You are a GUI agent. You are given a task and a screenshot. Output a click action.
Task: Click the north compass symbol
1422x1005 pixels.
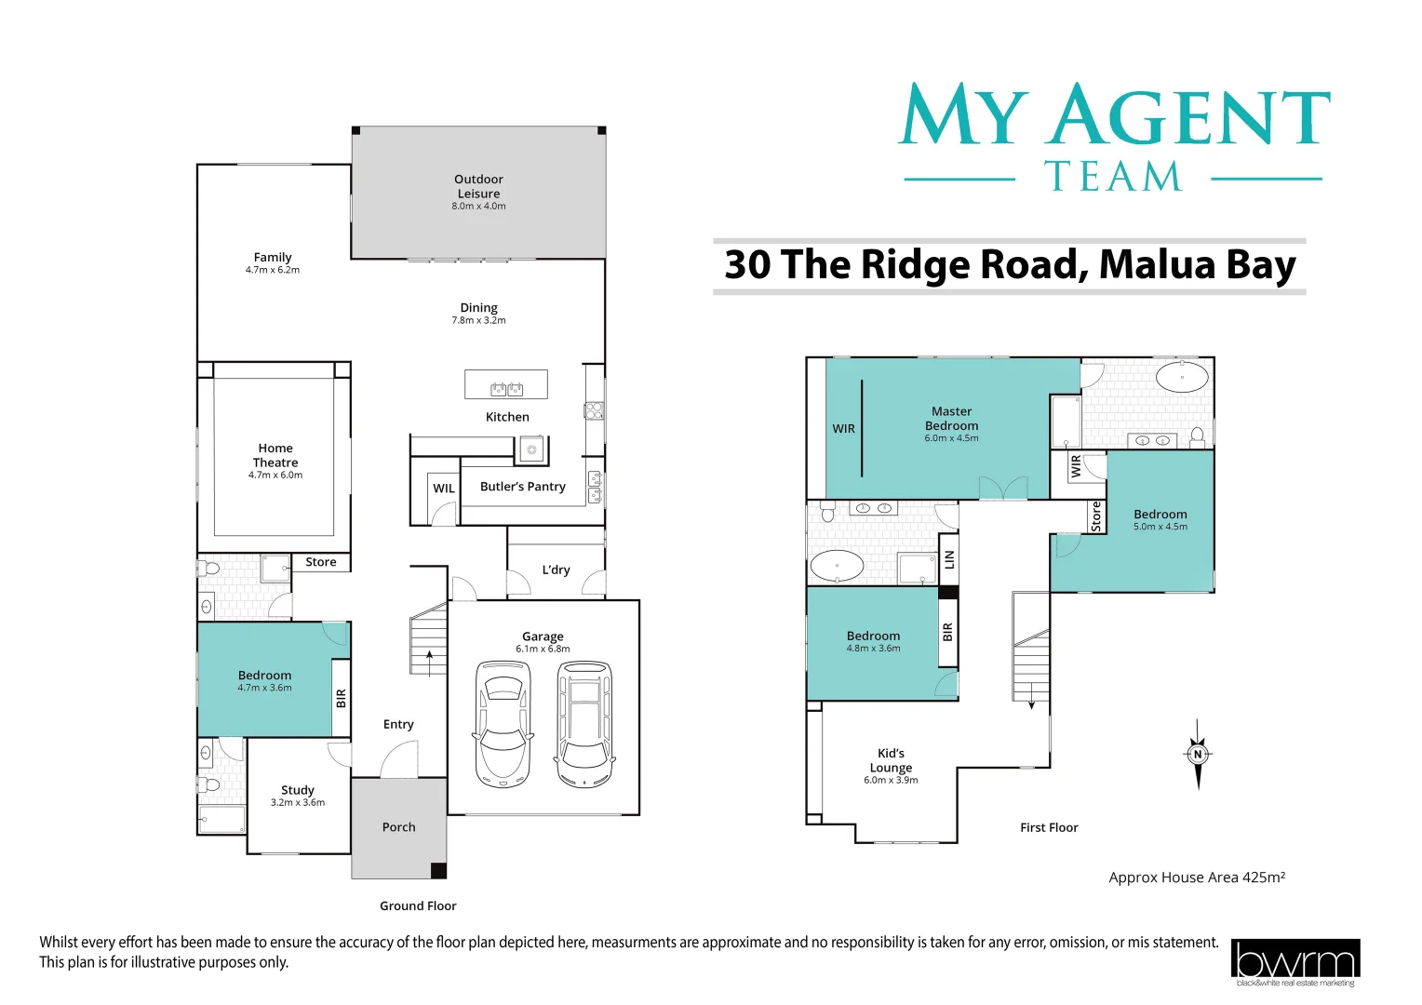[x=1198, y=754]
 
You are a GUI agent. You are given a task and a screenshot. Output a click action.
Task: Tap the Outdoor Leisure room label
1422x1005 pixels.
[x=478, y=186]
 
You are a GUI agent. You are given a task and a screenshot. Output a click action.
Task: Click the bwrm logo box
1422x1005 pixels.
[x=1295, y=959]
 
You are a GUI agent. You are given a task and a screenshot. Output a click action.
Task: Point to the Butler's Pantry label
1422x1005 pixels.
[x=522, y=487]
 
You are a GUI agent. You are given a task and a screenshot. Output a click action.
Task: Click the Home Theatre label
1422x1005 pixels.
[x=275, y=455]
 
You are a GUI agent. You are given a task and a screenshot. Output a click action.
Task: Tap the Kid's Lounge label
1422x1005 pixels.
[x=891, y=760]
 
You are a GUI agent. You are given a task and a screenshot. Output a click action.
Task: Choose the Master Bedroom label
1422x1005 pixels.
[x=951, y=418]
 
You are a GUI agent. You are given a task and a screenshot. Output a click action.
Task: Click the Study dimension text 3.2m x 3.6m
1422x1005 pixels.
[x=298, y=802]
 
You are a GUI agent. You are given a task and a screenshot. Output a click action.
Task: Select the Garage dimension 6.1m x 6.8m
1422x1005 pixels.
[x=543, y=649]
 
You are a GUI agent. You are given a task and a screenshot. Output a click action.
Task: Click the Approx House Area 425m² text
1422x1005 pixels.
[x=1197, y=877]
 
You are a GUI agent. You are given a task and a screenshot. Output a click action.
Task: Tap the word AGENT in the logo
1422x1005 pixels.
[x=1188, y=117]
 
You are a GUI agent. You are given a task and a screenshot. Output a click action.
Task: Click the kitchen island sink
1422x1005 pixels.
[x=506, y=388]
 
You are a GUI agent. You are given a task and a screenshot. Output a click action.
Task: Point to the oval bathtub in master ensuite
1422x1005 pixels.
[x=1182, y=377]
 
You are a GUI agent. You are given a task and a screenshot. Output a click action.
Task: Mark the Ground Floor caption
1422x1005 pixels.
[x=418, y=905]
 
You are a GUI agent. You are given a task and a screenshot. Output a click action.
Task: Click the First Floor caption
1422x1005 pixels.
[x=1049, y=827]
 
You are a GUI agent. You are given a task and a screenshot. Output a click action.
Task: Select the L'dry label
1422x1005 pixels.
[x=556, y=569]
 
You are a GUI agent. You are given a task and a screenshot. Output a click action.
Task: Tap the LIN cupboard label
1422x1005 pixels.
[x=949, y=559]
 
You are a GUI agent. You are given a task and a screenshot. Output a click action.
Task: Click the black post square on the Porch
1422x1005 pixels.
[x=438, y=870]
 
